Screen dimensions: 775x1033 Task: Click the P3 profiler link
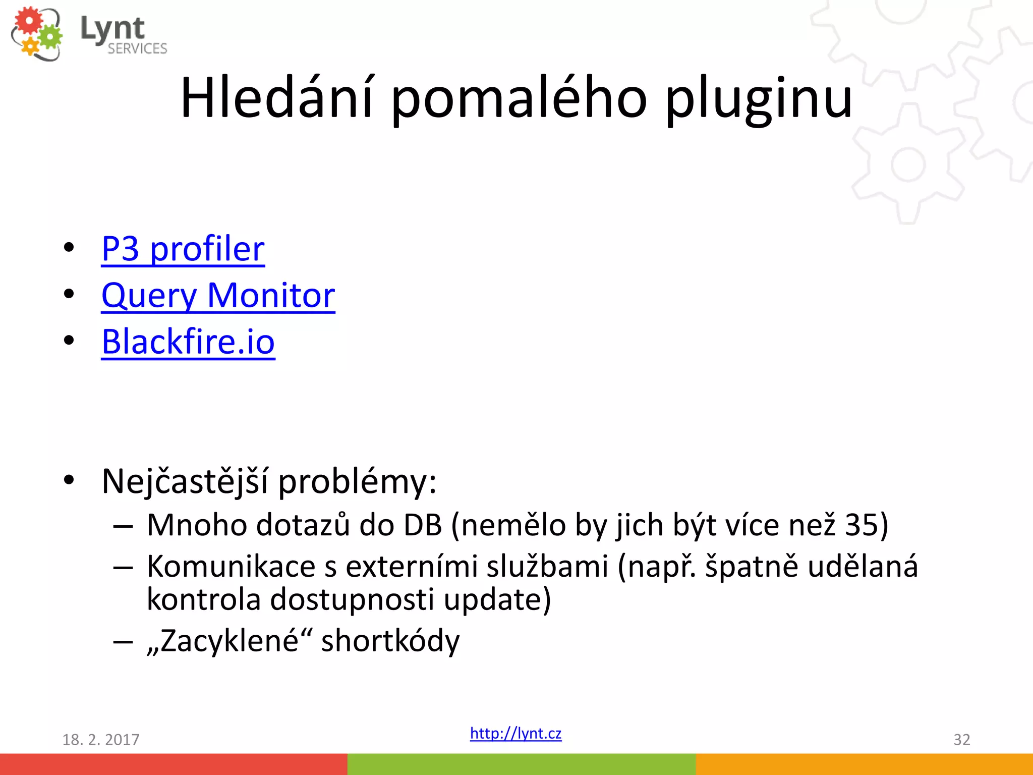point(183,249)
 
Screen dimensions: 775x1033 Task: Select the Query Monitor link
point(218,295)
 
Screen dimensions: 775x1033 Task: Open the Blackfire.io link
point(188,342)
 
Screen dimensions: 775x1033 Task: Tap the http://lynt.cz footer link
point(515,733)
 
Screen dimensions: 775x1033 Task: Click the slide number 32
point(961,740)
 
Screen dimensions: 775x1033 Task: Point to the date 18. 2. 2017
point(100,740)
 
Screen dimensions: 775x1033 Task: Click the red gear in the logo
point(29,21)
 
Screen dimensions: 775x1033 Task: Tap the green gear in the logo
point(50,36)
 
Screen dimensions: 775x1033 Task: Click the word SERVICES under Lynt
point(137,49)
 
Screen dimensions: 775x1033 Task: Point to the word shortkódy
point(390,641)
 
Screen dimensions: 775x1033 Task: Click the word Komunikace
point(231,566)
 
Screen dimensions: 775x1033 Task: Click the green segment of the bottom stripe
point(521,764)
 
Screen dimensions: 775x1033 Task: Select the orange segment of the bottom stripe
point(864,764)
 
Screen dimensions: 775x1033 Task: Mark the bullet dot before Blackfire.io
point(69,341)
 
